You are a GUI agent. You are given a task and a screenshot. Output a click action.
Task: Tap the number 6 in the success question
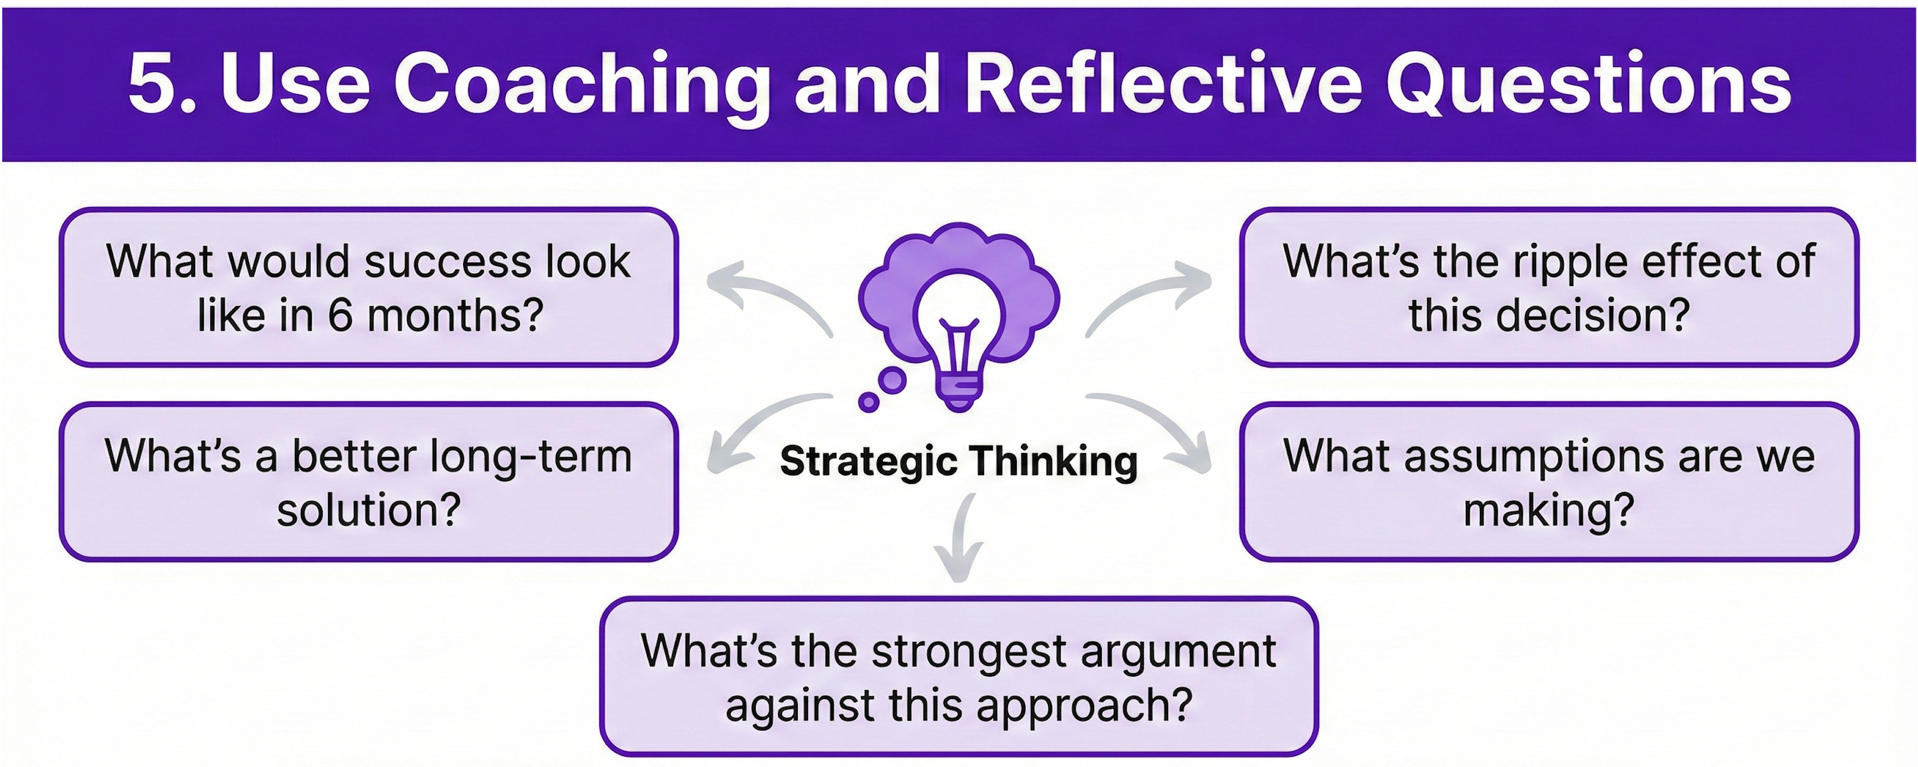pos(340,316)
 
